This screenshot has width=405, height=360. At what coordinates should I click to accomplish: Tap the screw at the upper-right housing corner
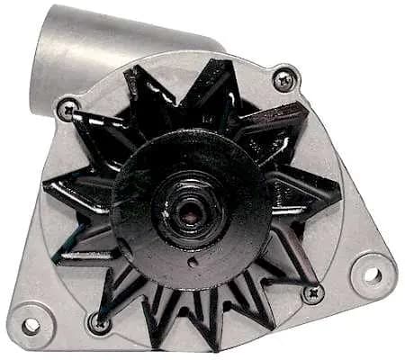285,80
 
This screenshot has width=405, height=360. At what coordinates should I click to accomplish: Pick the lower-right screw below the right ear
313,292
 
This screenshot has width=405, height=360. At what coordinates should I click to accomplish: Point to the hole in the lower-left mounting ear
31,325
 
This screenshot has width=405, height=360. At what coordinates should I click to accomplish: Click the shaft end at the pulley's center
192,210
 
